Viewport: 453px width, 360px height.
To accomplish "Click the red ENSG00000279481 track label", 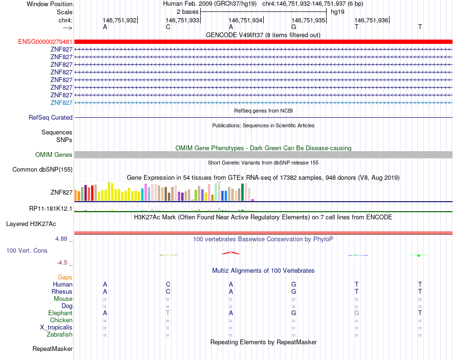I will tap(45, 41).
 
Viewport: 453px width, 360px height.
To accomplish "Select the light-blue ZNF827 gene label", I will tap(61, 103).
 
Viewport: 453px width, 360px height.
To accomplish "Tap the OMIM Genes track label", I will tap(54, 154).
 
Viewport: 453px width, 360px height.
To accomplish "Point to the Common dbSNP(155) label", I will tap(42, 169).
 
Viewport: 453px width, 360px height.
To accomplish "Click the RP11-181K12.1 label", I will tap(51, 208).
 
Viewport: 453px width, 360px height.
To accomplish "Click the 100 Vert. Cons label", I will tap(27, 250).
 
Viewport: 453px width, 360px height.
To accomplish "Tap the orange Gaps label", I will tap(65, 277).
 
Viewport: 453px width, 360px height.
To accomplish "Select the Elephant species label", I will tap(60, 313).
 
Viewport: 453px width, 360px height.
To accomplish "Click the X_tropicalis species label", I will tap(56, 328).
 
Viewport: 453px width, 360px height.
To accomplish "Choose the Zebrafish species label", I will tap(60, 335).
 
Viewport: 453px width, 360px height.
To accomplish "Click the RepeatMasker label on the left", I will tap(52, 349).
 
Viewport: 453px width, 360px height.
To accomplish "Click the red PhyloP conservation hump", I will tap(230, 253).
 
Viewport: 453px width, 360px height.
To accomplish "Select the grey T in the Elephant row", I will tap(168, 313).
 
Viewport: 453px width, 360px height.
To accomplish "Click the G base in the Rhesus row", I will tap(294, 291).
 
